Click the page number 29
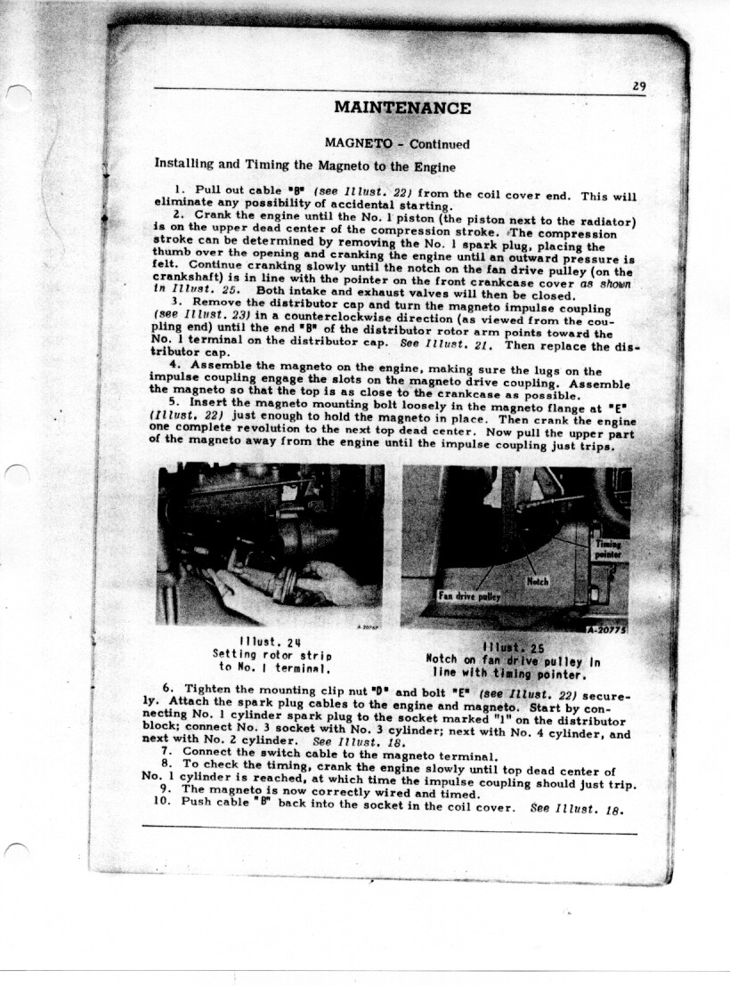pos(638,86)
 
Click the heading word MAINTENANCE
pos(402,109)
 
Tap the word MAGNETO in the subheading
pos(354,143)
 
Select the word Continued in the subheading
pos(439,143)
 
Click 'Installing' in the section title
pos(183,165)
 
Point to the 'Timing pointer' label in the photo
pos(609,549)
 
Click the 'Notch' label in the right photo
pos(538,580)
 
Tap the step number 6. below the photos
pos(168,688)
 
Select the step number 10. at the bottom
pos(165,801)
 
